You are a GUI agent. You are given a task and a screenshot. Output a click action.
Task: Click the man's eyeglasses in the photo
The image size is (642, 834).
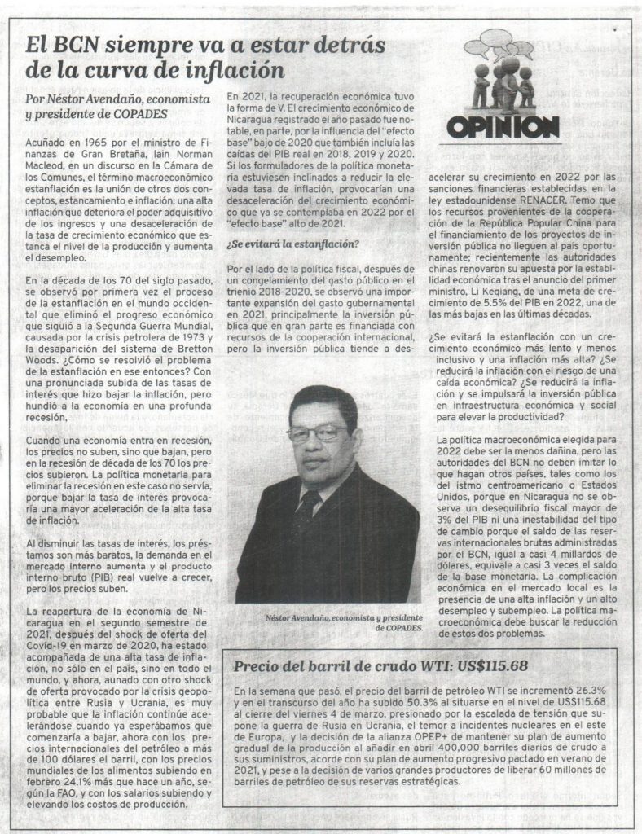(317, 433)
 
